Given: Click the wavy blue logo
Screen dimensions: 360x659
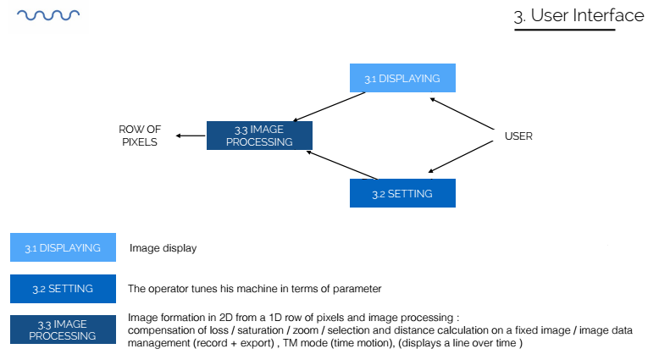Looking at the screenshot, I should point(48,14).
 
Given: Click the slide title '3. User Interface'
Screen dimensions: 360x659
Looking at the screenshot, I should point(579,16).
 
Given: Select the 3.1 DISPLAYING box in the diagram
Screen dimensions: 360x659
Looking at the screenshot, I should point(402,79).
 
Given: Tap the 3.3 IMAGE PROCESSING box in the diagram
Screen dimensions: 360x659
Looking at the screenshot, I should point(259,136).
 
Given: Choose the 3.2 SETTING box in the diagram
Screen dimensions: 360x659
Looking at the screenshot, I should point(402,193).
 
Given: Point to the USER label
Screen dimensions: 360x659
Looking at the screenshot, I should point(518,136).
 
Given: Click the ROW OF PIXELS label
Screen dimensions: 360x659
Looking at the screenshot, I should point(139,136).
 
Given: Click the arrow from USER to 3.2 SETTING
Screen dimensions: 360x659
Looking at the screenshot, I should point(462,157).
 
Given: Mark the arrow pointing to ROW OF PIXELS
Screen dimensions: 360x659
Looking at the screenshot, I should point(191,135).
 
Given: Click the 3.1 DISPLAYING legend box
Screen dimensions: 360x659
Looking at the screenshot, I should point(63,248).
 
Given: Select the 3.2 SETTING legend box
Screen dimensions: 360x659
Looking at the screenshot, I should point(63,289).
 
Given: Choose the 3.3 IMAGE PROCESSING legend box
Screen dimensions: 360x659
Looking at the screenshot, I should point(63,330).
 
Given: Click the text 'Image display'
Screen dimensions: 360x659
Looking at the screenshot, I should point(163,249).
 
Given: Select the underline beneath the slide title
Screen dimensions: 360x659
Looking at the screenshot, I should point(565,30).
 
